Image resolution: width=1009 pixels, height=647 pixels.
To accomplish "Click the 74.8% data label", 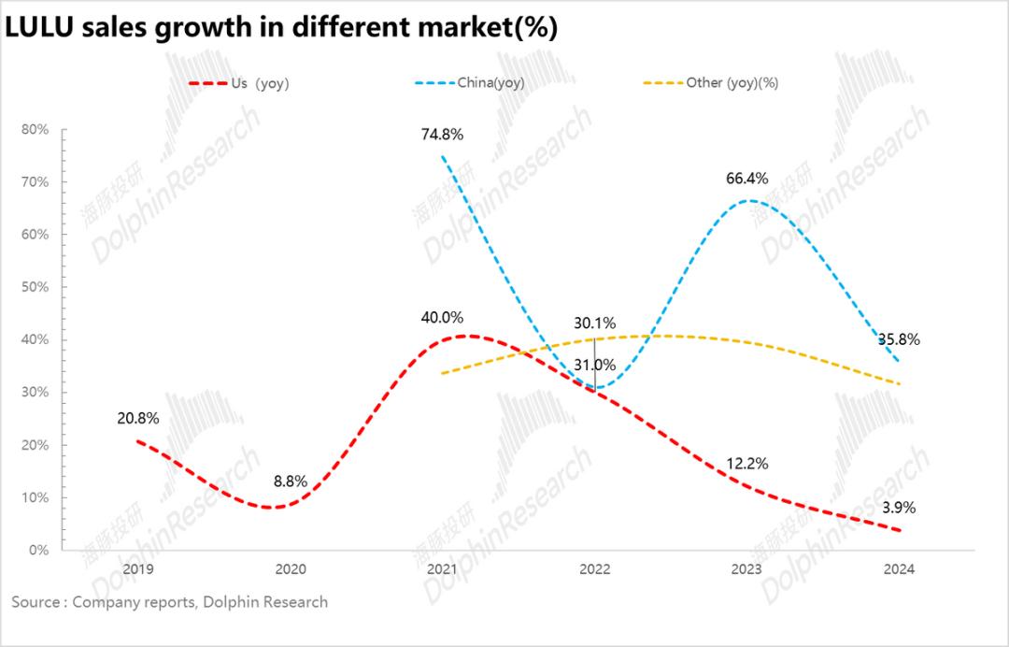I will (442, 134).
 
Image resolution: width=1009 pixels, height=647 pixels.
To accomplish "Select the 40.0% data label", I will (442, 318).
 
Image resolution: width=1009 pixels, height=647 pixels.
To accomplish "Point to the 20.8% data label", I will (138, 419).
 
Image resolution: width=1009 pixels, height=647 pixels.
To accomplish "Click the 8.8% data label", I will (290, 482).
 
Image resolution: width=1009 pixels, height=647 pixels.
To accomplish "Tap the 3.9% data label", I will (898, 508).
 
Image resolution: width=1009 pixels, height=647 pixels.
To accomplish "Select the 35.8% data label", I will (899, 339).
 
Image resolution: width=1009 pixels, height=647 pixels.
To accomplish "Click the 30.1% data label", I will (593, 323).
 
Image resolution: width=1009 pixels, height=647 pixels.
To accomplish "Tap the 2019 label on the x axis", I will (138, 568).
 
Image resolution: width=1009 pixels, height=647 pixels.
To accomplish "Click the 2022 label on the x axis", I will (594, 568).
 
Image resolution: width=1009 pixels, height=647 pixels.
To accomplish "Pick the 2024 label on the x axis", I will (899, 568).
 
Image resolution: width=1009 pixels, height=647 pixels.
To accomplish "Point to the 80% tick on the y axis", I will (36, 129).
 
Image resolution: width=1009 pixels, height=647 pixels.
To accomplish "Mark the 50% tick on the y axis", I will (36, 287).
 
